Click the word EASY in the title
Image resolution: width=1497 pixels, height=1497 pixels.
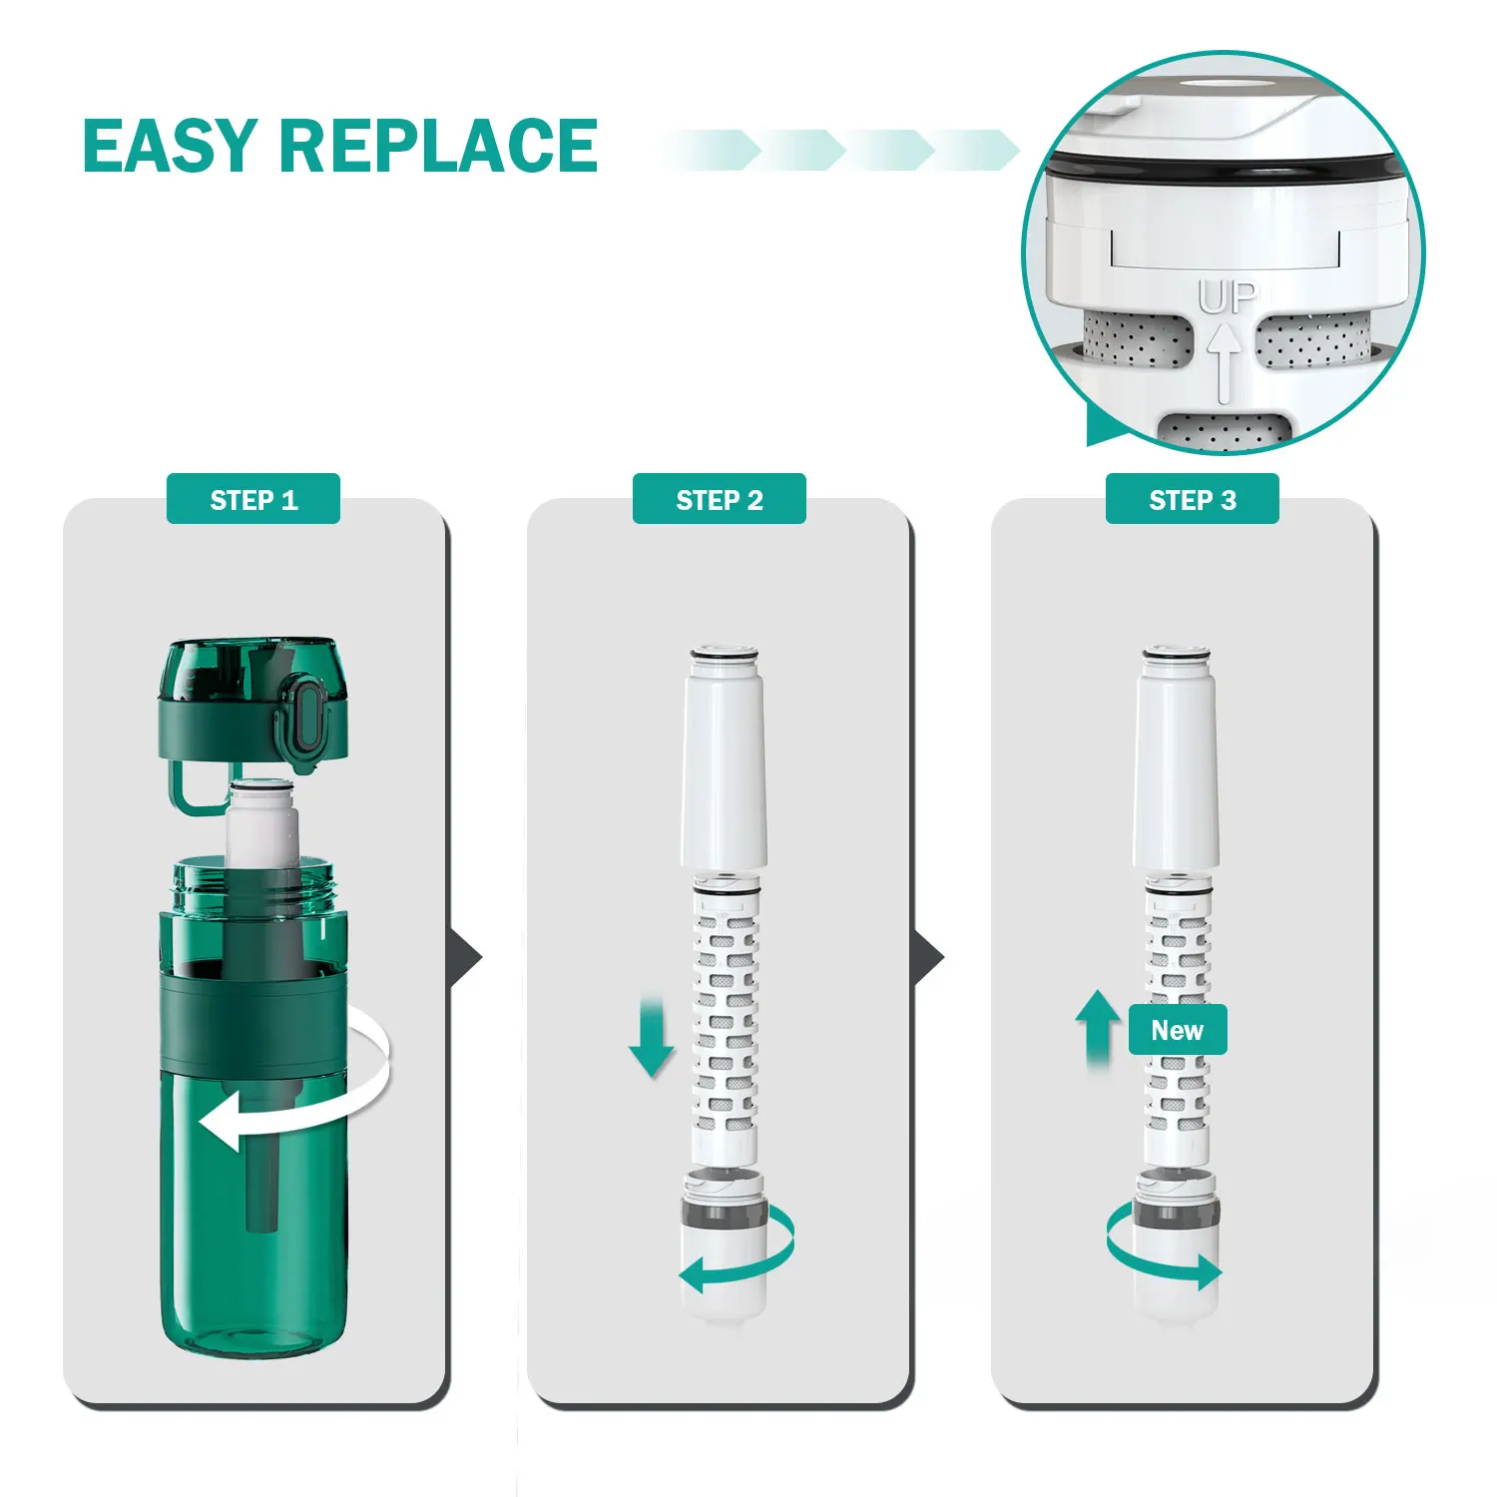170,146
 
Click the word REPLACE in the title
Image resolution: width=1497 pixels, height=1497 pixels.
439,146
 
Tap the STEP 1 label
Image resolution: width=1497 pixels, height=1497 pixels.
253,499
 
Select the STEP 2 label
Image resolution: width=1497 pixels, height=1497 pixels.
719,499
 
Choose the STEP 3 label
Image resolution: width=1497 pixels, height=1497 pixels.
1192,499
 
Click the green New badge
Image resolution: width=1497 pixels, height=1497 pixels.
1178,1030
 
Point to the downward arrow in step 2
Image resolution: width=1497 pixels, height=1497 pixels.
652,1038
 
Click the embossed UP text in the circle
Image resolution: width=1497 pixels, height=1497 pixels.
1227,297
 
